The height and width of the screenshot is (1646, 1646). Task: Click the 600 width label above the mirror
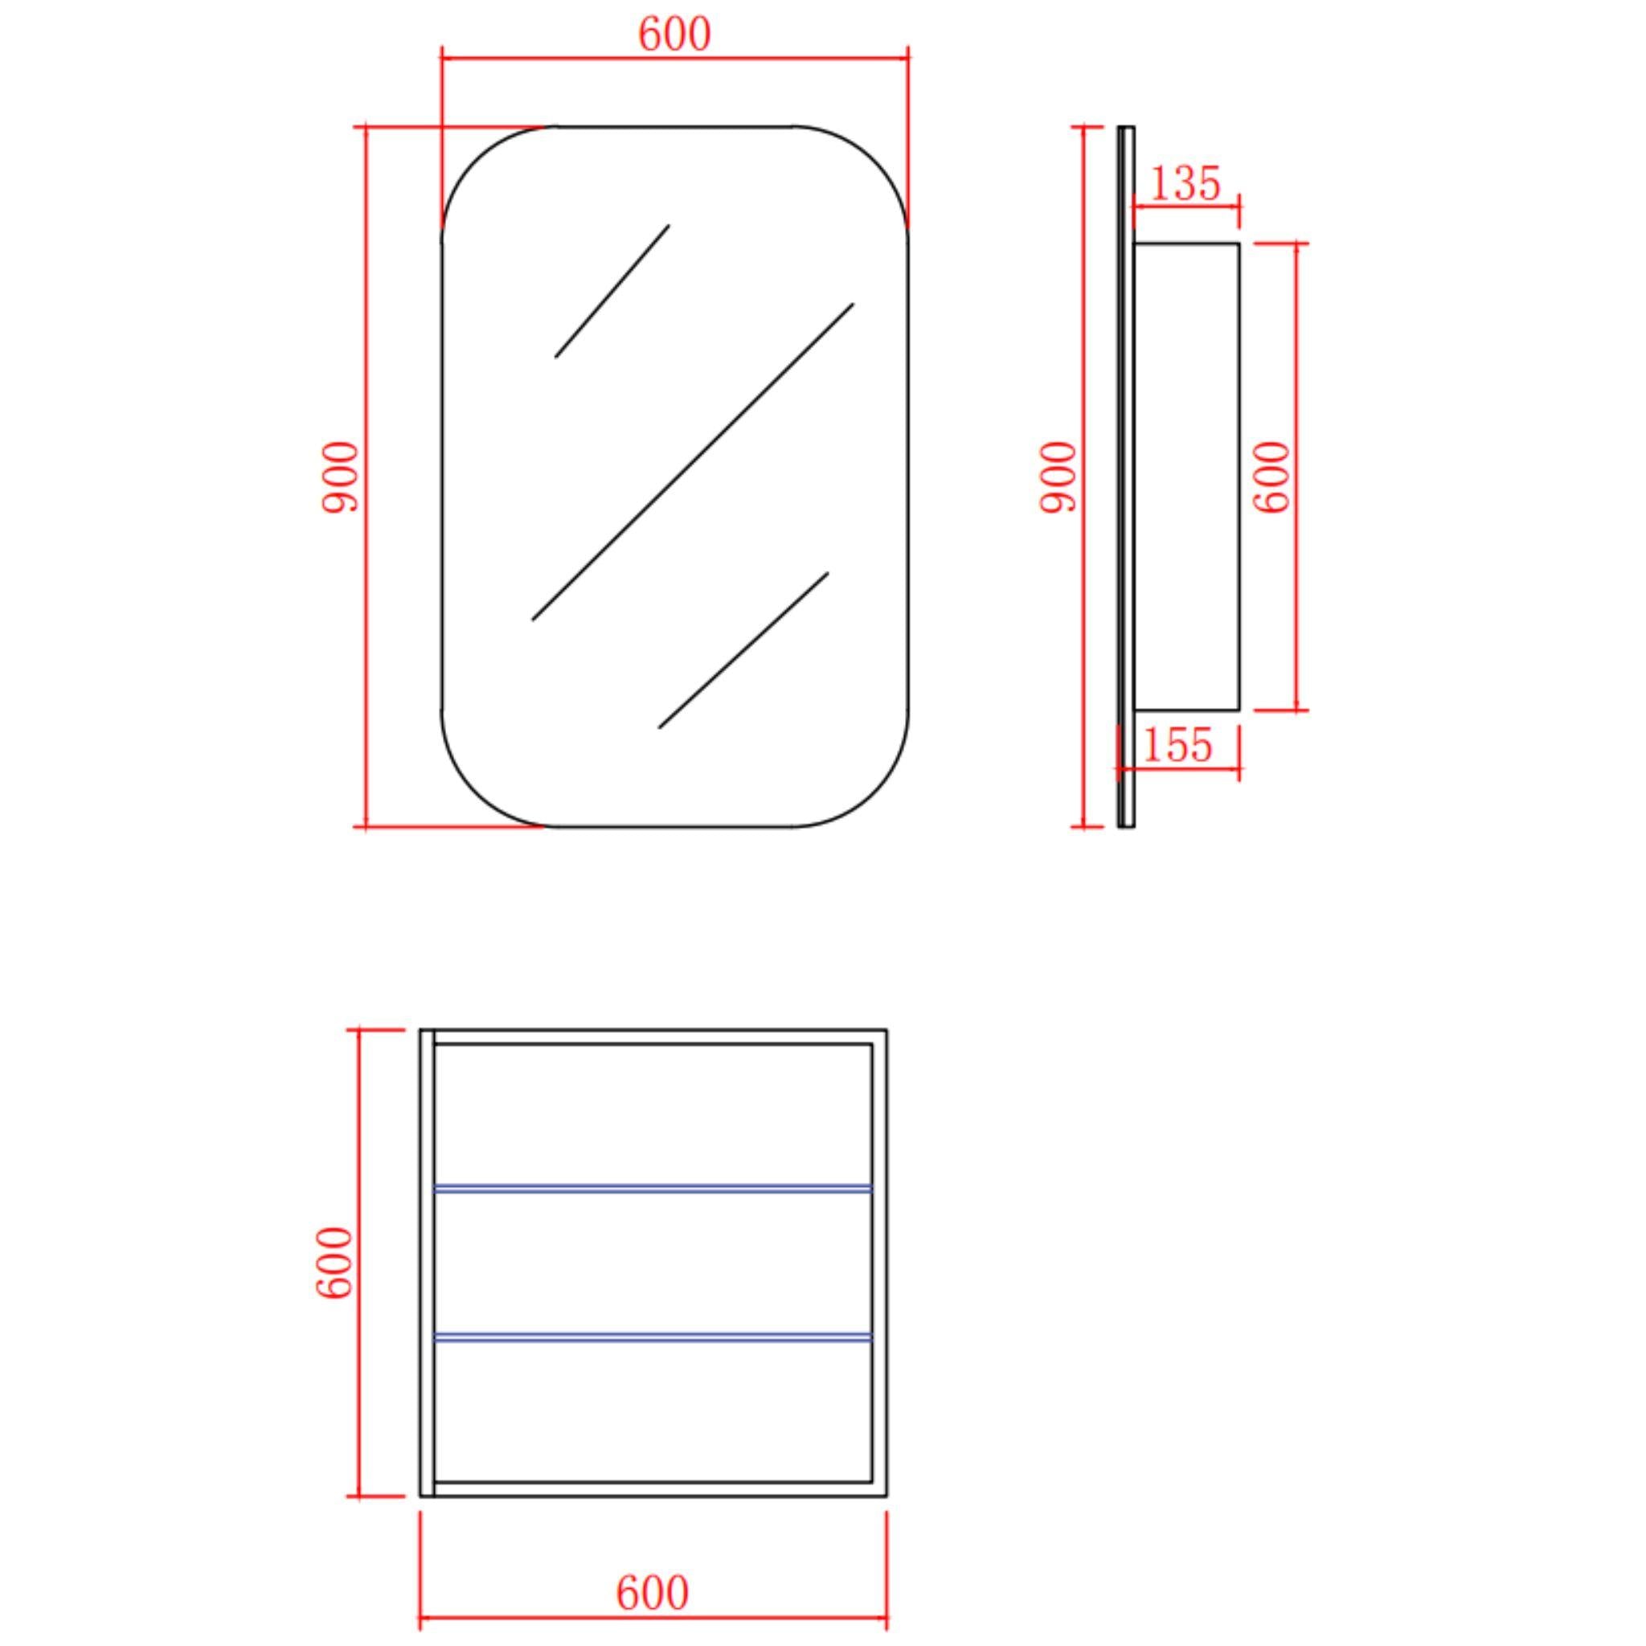674,34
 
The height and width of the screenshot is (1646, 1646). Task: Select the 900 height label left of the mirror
340,477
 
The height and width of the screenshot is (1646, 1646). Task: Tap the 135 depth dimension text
1185,183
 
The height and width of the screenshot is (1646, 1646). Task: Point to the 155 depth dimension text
1177,746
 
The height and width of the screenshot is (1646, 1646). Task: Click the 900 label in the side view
1058,477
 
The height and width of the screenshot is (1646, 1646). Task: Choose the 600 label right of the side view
1272,477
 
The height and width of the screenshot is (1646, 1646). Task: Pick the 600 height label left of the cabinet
334,1263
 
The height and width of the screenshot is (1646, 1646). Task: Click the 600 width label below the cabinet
653,1593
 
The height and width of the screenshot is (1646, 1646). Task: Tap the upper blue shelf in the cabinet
653,1188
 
